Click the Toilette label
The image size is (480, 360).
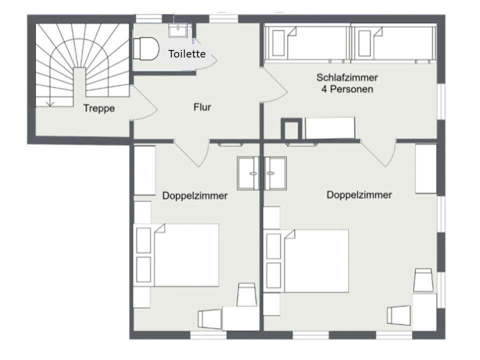pyautogui.click(x=187, y=54)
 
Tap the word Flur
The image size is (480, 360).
pyautogui.click(x=202, y=107)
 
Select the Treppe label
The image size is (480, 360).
pyautogui.click(x=99, y=108)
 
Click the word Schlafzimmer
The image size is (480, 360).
pyautogui.click(x=347, y=77)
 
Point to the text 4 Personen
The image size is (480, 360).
pyautogui.click(x=347, y=89)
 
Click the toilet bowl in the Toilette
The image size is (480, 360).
pyautogui.click(x=146, y=48)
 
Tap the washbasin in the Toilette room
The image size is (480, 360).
pyautogui.click(x=178, y=30)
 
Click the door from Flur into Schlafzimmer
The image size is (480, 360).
pyautogui.click(x=274, y=85)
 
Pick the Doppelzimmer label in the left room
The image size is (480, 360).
pyautogui.click(x=194, y=195)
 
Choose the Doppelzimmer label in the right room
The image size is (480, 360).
pyautogui.click(x=359, y=194)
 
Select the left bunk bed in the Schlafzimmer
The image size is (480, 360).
pyautogui.click(x=307, y=43)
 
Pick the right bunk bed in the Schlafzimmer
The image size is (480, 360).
pyautogui.click(x=393, y=43)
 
